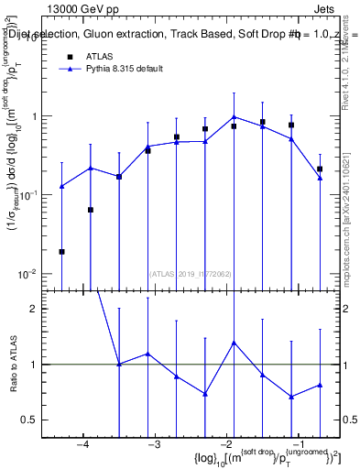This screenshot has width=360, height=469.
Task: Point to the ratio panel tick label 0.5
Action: click(x=34, y=420)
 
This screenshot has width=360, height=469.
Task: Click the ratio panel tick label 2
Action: click(x=38, y=309)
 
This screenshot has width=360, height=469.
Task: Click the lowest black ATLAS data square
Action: click(x=61, y=251)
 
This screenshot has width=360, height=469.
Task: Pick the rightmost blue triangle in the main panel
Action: click(x=320, y=179)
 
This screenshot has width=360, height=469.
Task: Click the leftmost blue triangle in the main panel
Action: click(x=61, y=186)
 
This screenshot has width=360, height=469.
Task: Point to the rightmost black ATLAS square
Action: click(x=320, y=169)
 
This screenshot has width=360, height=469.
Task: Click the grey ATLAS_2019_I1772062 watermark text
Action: click(x=190, y=273)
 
